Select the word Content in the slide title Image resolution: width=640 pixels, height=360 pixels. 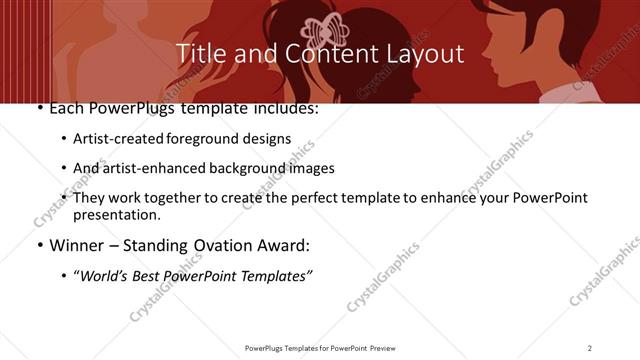[x=323, y=53]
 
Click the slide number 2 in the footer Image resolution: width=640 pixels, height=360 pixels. [x=590, y=347]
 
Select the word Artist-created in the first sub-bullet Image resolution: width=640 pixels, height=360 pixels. [x=111, y=139]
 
